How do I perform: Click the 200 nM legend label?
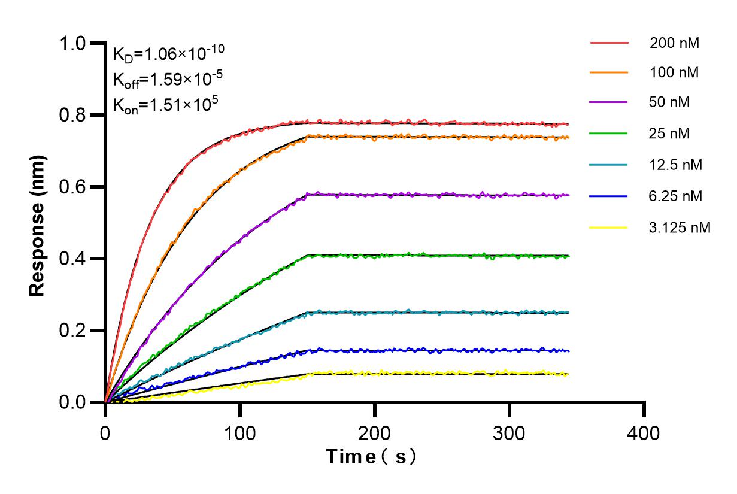(674, 43)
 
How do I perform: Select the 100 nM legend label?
(674, 72)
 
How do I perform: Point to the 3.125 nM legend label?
(680, 228)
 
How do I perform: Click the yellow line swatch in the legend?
(609, 228)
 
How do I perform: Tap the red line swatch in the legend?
(609, 43)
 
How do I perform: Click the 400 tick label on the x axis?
(644, 432)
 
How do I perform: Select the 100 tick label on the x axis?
(240, 432)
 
